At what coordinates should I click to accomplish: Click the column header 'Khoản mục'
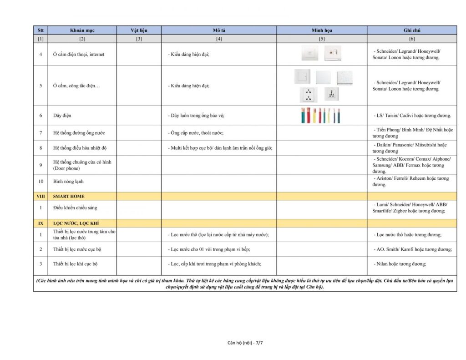82,30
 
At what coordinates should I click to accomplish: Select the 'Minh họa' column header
322,30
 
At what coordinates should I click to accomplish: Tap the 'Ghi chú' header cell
412,30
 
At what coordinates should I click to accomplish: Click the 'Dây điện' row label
62,116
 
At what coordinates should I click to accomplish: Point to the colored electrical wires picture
321,116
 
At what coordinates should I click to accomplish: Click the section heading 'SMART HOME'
69,196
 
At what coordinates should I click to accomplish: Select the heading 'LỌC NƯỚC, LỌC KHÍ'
76,223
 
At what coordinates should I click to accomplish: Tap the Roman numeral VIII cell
41,196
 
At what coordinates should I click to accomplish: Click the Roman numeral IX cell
41,223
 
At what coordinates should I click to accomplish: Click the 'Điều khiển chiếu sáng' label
75,208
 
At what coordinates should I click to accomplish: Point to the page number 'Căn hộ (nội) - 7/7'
245,342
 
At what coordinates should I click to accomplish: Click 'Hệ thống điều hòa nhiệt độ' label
80,147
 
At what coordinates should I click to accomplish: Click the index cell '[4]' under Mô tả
219,39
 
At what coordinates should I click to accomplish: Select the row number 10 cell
41,181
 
